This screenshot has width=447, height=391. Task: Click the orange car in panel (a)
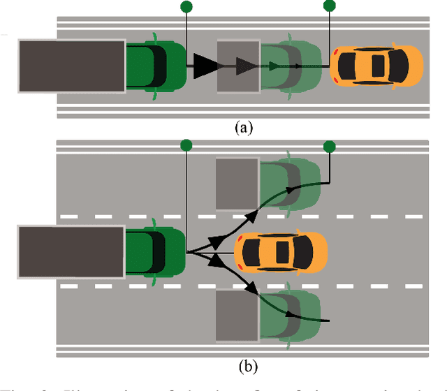point(376,66)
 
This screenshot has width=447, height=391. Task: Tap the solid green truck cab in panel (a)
point(156,66)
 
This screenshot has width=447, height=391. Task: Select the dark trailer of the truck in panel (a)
point(72,66)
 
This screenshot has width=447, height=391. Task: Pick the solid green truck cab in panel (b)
point(156,251)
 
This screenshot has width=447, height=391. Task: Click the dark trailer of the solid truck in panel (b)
point(72,251)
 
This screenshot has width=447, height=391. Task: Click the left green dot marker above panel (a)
point(186,7)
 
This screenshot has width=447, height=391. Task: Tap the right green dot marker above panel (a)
point(330,7)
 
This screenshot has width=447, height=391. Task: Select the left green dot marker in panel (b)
point(186,145)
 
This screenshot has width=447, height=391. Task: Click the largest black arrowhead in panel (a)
point(207,66)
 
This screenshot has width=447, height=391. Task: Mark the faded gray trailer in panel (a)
point(239,66)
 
